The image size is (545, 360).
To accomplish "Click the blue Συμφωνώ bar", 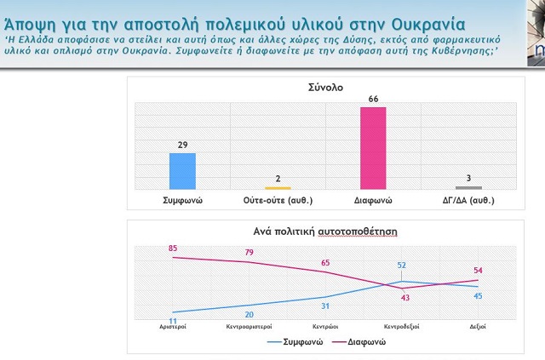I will pyautogui.click(x=182, y=170).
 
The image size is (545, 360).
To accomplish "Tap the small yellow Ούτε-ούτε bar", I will pyautogui.click(x=278, y=187).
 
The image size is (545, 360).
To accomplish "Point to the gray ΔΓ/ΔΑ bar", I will pyautogui.click(x=468, y=187).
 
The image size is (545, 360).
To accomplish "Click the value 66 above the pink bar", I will pyautogui.click(x=373, y=100).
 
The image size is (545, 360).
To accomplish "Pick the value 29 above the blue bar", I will pyautogui.click(x=182, y=146).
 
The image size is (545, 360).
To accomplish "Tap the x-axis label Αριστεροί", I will pyautogui.click(x=173, y=326).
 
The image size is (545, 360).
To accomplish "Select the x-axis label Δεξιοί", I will pyautogui.click(x=478, y=326).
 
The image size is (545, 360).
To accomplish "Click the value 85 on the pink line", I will pyautogui.click(x=173, y=249).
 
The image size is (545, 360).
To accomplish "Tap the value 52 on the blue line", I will pyautogui.click(x=401, y=265).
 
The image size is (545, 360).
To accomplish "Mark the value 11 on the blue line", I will pyautogui.click(x=173, y=321).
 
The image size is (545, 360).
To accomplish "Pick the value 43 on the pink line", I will pyautogui.click(x=405, y=297).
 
